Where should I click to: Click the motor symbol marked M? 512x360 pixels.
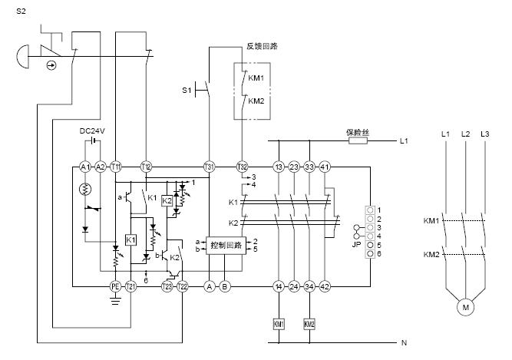click(465, 308)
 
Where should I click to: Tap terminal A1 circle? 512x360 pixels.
click(84, 166)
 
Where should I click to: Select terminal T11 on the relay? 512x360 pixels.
click(116, 166)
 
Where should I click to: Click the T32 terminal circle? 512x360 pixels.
click(242, 166)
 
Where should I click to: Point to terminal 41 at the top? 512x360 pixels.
click(325, 166)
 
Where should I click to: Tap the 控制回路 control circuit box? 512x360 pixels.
click(223, 246)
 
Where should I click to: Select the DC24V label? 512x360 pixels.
click(92, 131)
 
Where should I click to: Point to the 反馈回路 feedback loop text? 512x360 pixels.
click(262, 46)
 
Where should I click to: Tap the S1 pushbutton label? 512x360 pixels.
click(186, 91)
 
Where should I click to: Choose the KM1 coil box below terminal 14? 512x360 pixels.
click(279, 323)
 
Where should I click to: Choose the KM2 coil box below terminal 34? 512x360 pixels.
click(309, 323)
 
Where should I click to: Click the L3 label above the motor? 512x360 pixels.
click(484, 134)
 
